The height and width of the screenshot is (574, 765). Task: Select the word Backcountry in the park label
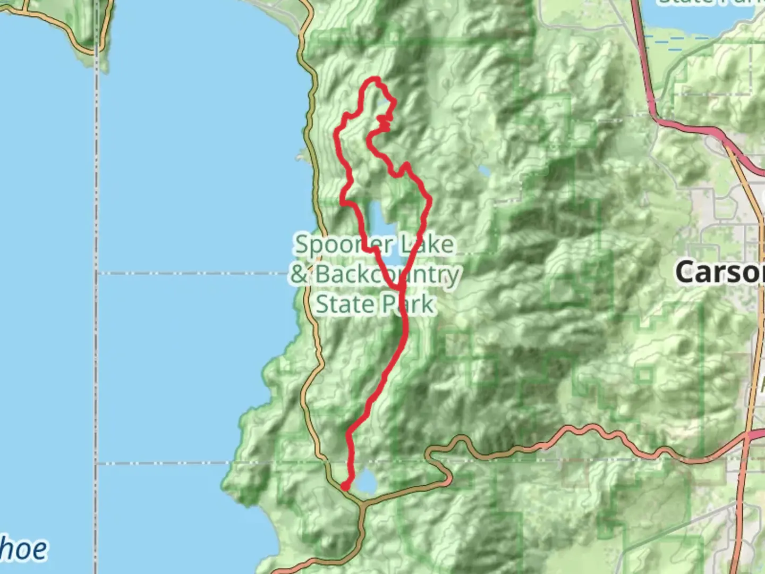[x=387, y=275]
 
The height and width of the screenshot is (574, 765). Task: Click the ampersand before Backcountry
[x=300, y=275]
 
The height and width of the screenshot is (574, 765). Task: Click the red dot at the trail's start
[x=345, y=486]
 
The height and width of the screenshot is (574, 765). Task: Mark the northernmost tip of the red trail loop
[x=375, y=80]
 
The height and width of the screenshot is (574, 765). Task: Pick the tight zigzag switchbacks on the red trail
[x=385, y=123]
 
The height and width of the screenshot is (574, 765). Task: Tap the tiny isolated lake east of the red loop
[x=484, y=172]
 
